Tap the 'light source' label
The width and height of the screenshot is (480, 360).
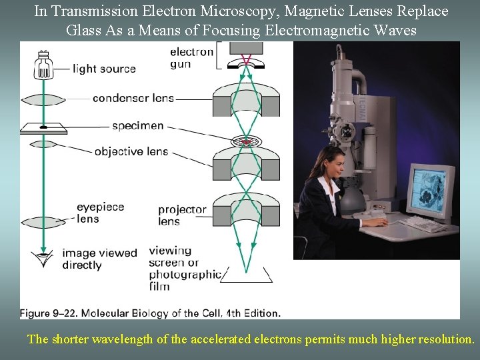[104, 69]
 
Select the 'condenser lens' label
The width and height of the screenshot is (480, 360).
[133, 98]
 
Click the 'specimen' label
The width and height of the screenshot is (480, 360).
[137, 125]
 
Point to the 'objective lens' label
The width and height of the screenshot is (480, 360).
[131, 151]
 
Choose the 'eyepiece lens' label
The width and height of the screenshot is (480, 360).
[100, 213]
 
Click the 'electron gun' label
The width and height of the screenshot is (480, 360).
[191, 58]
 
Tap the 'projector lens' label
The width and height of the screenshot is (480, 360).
[182, 215]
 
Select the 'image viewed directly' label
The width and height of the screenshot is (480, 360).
[99, 259]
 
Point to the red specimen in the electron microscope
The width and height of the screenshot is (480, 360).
[245, 142]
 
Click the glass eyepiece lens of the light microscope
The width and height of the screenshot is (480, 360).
[45, 222]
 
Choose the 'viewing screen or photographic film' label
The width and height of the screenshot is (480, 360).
[185, 269]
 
